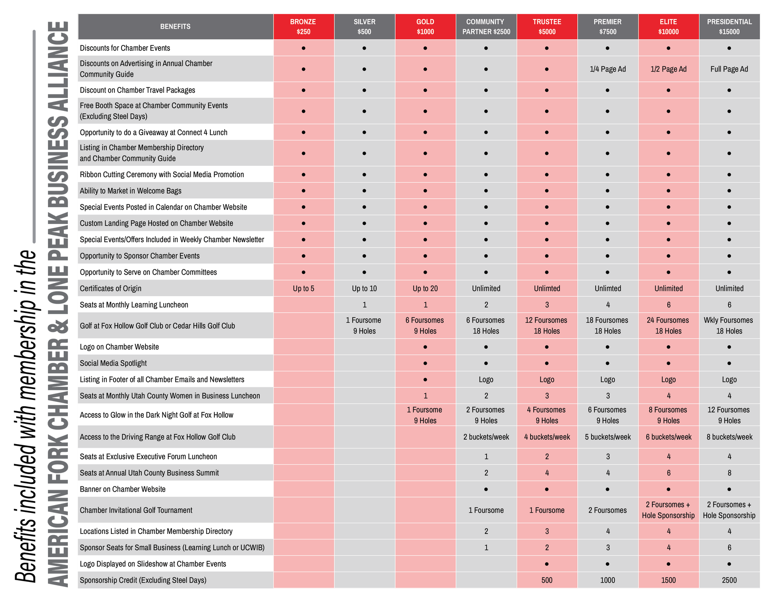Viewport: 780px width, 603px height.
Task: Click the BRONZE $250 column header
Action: pyautogui.click(x=303, y=26)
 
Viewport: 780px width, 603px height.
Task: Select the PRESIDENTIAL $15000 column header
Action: pyautogui.click(x=729, y=26)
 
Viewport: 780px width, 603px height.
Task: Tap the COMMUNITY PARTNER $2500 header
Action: pyautogui.click(x=486, y=26)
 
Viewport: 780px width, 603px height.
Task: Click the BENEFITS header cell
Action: pyautogui.click(x=175, y=26)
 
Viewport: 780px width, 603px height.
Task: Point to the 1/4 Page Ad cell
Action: pyautogui.click(x=608, y=69)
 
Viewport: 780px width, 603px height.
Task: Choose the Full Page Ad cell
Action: pyautogui.click(x=729, y=69)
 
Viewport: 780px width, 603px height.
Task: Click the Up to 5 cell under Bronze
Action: pyautogui.click(x=303, y=288)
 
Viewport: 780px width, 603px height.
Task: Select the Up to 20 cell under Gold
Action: pyautogui.click(x=425, y=288)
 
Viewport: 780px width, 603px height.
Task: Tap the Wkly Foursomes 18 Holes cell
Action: pyautogui.click(x=729, y=325)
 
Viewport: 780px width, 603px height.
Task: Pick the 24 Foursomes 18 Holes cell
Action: pyautogui.click(x=668, y=325)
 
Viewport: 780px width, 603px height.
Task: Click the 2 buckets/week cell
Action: pyautogui.click(x=486, y=437)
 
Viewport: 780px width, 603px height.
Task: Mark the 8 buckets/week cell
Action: pyautogui.click(x=729, y=437)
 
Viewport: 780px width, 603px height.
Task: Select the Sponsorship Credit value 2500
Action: pyautogui.click(x=729, y=580)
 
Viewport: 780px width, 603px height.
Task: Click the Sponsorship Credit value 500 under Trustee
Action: pyautogui.click(x=547, y=580)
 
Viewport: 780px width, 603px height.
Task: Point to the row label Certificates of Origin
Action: pyautogui.click(x=110, y=288)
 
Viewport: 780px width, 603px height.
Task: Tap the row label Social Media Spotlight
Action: pyautogui.click(x=113, y=363)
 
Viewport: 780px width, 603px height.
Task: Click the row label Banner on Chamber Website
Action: pyautogui.click(x=123, y=489)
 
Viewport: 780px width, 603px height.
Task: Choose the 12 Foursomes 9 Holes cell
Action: pyautogui.click(x=729, y=415)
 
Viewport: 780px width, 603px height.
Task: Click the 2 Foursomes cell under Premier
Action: pyautogui.click(x=608, y=510)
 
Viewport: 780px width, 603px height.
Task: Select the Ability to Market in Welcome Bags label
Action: pyautogui.click(x=130, y=191)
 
